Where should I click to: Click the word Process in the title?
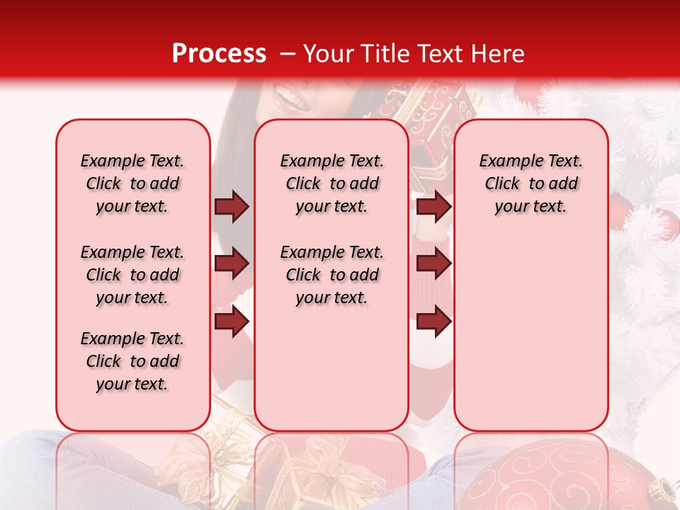click(x=219, y=53)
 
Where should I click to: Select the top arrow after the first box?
click(x=232, y=206)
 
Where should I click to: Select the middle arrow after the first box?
click(x=232, y=264)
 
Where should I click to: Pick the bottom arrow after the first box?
click(x=232, y=322)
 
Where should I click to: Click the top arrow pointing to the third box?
click(x=433, y=206)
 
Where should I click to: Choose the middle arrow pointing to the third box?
click(x=433, y=264)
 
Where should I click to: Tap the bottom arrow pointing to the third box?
click(x=433, y=322)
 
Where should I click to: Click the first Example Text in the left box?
click(x=132, y=161)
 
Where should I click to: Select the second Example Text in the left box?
click(x=132, y=252)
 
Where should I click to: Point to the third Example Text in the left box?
click(x=132, y=339)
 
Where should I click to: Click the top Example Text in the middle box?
click(x=331, y=161)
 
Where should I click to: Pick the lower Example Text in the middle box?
click(x=331, y=252)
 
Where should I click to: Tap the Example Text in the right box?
click(x=531, y=161)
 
